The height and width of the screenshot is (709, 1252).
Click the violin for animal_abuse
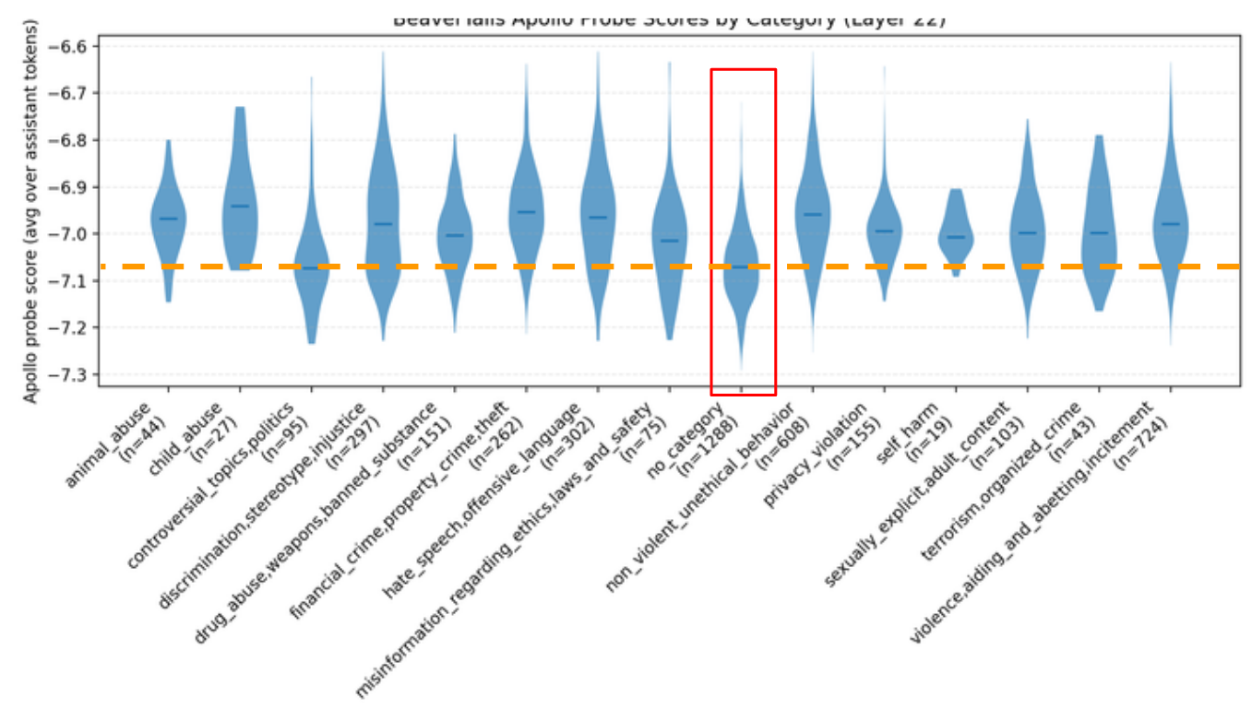[168, 219]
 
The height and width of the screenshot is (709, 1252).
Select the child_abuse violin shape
[240, 198]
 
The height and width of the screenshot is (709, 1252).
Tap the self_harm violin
[956, 235]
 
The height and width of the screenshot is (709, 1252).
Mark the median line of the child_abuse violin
[240, 206]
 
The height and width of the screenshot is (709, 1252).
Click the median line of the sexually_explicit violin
[1028, 232]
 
